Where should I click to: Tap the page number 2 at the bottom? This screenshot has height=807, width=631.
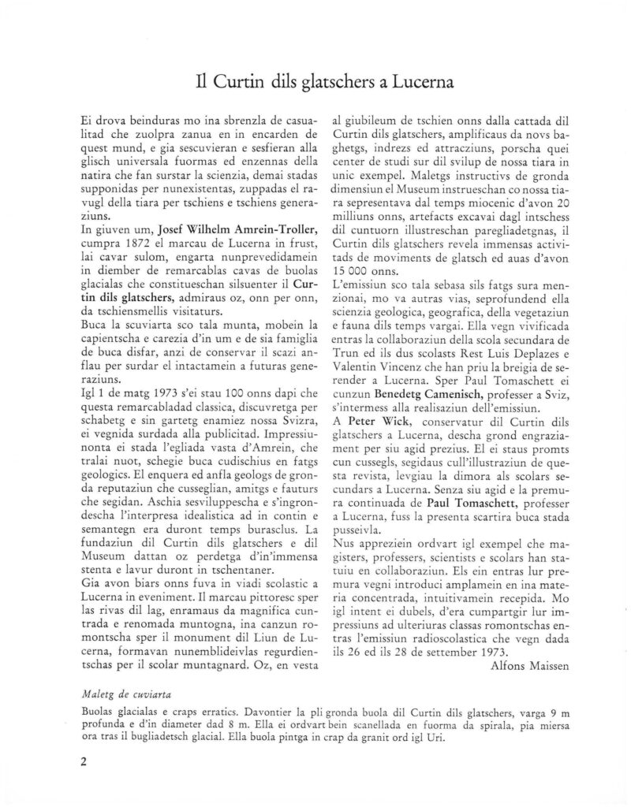83,763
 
